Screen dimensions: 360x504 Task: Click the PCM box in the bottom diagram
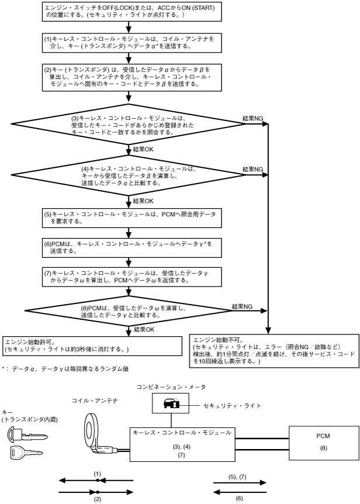coord(324,443)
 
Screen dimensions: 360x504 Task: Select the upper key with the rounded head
coord(27,434)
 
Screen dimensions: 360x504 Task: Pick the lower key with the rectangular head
coord(26,452)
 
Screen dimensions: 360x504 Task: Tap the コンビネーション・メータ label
coord(171,387)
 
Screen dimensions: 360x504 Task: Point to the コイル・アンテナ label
coord(95,401)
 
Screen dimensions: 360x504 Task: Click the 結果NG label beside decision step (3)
coord(252,119)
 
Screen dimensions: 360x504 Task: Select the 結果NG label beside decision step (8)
coord(243,306)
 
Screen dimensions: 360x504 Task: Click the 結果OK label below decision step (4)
coord(143,201)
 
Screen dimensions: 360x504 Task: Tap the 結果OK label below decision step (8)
coord(144,329)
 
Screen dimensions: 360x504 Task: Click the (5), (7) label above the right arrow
coord(238,477)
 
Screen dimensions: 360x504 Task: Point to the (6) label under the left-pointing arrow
coord(239,499)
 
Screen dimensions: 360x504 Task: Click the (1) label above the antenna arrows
coord(98,474)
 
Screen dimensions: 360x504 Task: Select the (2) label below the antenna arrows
coord(97,499)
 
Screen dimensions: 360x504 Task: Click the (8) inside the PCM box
coord(323,448)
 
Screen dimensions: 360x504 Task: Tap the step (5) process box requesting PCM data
coord(131,218)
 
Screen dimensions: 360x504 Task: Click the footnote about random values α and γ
coord(65,369)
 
